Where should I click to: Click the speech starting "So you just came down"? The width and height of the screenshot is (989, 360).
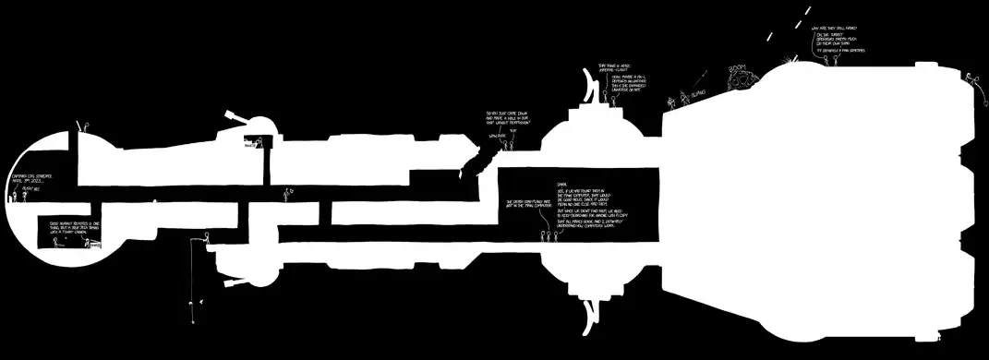pyautogui.click(x=508, y=119)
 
